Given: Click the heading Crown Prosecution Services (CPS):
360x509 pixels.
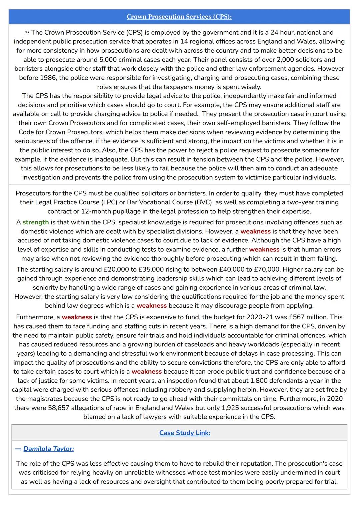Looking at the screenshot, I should (x=179, y=17).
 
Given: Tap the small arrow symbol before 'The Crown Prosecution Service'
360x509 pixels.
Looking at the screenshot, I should (x=27, y=32).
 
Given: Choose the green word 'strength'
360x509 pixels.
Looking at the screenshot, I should (x=36, y=222).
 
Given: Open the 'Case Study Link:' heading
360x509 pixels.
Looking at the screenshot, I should (x=185, y=433).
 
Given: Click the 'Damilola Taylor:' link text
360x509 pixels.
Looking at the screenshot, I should (x=49, y=449).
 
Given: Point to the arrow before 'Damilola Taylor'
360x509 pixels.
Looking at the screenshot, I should (x=18, y=449).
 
